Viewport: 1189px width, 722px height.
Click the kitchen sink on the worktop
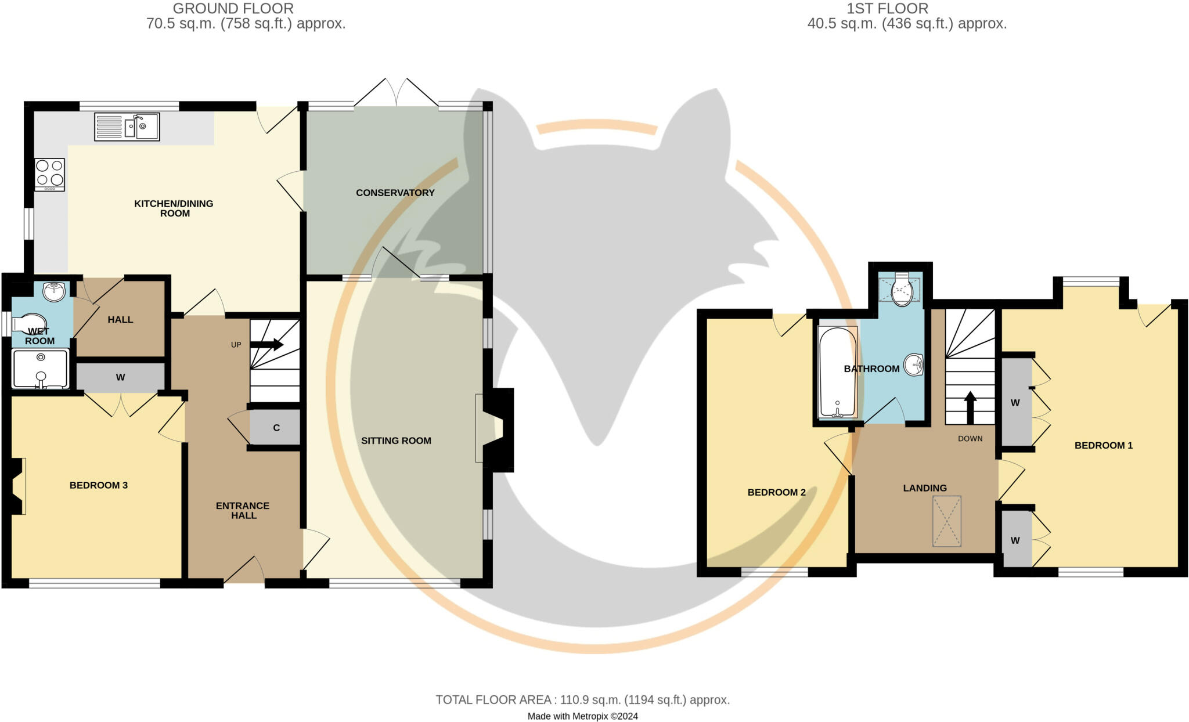point(127,127)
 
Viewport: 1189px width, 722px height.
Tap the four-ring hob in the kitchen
point(49,175)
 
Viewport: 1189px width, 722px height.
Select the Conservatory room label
point(395,193)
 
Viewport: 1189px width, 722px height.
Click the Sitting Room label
point(396,441)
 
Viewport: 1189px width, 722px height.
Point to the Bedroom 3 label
point(99,485)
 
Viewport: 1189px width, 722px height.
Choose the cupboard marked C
point(275,428)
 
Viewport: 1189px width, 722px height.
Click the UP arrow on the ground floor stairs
point(266,345)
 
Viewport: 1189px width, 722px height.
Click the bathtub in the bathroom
point(837,372)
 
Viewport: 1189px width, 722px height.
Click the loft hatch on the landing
point(946,521)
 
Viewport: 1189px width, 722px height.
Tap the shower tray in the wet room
point(41,368)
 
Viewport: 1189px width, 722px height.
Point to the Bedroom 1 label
point(1104,446)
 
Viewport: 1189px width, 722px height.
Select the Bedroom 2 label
point(776,493)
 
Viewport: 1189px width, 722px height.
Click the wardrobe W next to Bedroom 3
point(121,377)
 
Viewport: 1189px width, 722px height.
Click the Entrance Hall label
point(243,511)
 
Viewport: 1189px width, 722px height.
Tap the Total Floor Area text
point(583,700)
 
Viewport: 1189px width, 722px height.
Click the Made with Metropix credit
point(582,716)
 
